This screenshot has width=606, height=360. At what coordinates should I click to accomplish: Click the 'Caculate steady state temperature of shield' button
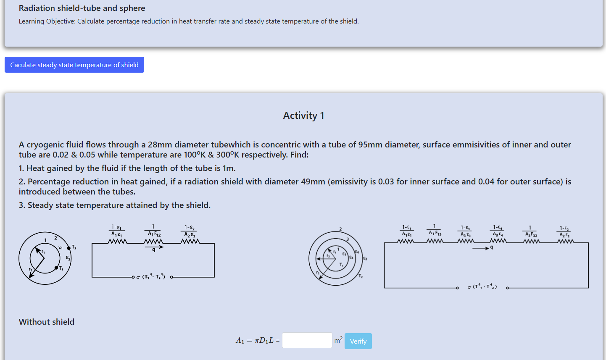74,65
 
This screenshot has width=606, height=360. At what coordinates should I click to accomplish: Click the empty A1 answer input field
307,340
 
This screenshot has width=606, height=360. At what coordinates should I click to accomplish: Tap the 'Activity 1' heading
303,116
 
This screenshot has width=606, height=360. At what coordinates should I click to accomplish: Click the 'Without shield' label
47,322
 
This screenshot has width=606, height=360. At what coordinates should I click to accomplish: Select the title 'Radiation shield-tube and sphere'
82,8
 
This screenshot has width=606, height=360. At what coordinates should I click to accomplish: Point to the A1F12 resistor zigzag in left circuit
153,242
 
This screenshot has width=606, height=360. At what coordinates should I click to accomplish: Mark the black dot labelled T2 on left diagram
69,248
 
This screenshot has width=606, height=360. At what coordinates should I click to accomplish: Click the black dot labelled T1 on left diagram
56,268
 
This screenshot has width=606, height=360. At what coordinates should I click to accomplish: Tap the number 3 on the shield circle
348,239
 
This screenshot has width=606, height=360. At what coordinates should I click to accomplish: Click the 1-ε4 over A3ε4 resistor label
498,231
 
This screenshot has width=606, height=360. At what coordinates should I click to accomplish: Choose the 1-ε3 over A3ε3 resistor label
465,231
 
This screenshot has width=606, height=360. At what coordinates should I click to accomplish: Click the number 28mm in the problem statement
160,145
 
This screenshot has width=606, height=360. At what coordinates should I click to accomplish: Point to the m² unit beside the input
338,340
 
